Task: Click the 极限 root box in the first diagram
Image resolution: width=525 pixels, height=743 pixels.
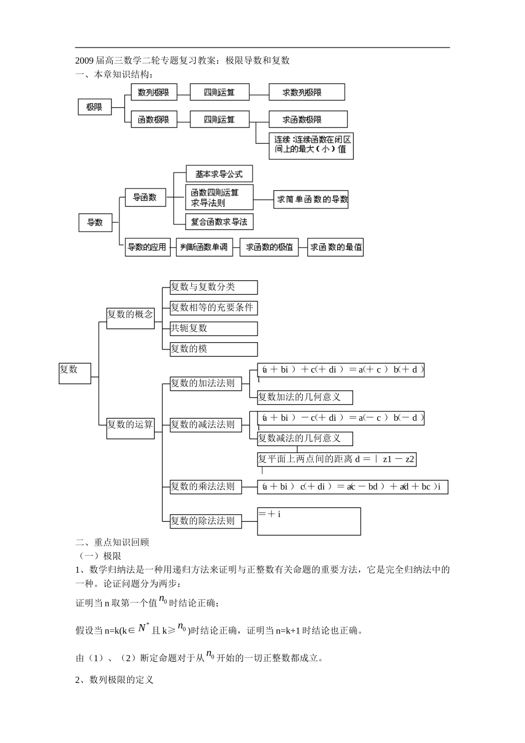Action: pos(95,107)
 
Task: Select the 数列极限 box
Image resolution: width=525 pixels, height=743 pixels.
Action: pos(154,92)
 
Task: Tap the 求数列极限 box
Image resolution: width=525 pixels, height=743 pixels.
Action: pos(307,92)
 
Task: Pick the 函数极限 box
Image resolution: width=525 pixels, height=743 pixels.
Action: pos(154,119)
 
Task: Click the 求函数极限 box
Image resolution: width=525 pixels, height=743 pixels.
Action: pos(308,119)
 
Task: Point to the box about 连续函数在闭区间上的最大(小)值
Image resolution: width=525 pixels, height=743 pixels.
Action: pos(311,145)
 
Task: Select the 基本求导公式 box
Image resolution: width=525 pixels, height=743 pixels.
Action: pos(219,174)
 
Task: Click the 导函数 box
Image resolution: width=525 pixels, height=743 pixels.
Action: pos(145,197)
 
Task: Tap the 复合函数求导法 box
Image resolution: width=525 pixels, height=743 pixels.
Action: pos(219,222)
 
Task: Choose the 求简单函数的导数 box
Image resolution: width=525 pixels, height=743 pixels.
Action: pos(312,200)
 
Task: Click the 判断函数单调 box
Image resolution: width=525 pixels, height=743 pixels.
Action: pos(205,247)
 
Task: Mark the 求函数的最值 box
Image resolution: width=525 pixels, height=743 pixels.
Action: pos(335,247)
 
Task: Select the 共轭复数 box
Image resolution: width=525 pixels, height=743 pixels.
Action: pos(213,328)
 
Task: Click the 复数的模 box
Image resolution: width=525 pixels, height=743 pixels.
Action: pos(213,349)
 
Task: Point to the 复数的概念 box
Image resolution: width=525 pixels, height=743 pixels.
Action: pos(130,315)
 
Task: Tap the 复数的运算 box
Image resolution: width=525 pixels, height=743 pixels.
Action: pos(130,425)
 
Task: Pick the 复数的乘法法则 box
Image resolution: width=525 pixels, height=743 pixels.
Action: pos(206,487)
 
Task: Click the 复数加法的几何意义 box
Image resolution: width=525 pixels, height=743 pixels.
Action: pos(305,397)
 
